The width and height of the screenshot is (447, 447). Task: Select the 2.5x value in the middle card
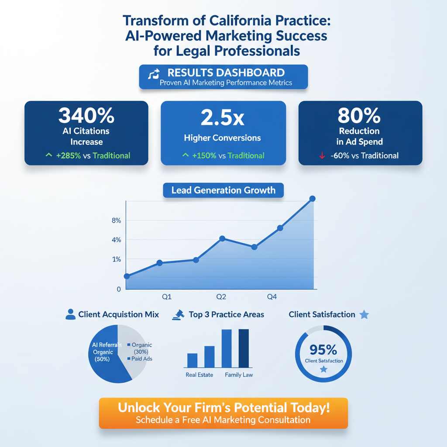pos(223,118)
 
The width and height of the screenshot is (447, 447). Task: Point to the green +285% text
pos(68,156)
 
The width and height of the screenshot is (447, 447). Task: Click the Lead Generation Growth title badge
pos(223,190)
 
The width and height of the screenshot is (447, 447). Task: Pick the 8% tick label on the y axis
pos(116,220)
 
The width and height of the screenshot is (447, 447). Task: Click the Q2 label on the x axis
pos(221,297)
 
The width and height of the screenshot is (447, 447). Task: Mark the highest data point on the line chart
pos(312,199)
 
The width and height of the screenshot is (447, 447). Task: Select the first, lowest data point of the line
pos(127,276)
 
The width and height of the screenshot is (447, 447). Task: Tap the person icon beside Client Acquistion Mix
pos(70,314)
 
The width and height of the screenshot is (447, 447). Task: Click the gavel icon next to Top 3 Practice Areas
pos(179,314)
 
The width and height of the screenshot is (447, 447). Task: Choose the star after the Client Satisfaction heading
pos(364,314)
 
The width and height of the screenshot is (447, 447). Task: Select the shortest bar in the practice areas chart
pos(193,360)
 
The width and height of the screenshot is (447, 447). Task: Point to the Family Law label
pos(239,375)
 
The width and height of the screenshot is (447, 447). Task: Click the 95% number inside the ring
pos(323,350)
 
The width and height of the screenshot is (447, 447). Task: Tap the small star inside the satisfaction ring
pos(323,369)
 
